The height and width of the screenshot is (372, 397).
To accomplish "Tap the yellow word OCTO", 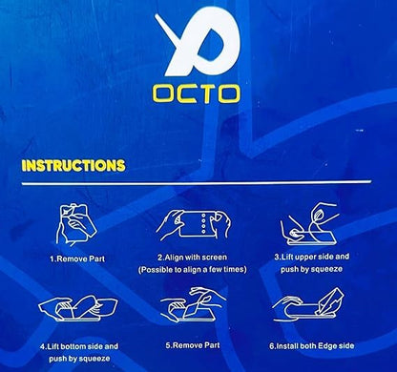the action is coord(196,94).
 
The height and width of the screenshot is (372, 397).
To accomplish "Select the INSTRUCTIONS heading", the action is coord(73,166).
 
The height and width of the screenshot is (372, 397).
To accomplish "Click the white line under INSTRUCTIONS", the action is coord(197,183).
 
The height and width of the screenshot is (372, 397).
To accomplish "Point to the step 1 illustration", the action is coord(75,224).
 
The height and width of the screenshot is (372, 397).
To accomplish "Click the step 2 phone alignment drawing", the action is coord(194,225).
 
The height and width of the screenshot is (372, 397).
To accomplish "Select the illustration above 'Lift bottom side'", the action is coord(78,308).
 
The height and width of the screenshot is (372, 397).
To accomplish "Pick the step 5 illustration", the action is coord(193,304).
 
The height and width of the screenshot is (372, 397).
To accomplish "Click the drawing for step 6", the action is coord(308,304).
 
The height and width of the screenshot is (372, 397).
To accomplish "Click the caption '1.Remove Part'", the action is coord(77,259).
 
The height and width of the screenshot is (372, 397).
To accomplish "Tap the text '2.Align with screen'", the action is coord(193,258).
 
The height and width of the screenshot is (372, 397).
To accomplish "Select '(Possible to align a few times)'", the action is coord(193,270).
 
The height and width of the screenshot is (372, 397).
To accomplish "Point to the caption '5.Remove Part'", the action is coord(193,345).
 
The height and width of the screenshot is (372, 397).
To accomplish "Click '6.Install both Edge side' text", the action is coord(312,346).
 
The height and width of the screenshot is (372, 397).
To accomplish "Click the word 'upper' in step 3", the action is coord(303,257).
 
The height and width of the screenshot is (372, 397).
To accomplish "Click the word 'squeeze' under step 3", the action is coord(326,269).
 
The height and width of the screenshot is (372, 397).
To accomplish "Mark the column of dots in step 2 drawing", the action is coord(204,224).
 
